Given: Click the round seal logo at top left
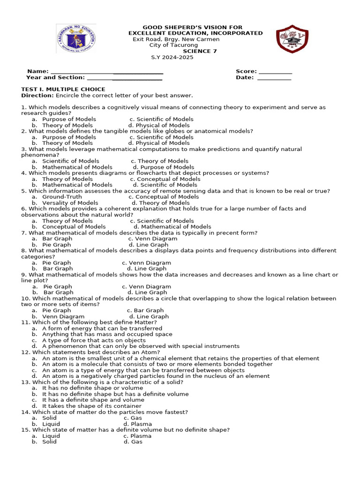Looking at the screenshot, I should pyautogui.click(x=77, y=39).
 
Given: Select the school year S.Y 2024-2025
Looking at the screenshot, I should pyautogui.click(x=172, y=57).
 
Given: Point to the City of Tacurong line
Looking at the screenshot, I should pyautogui.click(x=173, y=45).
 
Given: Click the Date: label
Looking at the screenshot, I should pyautogui.click(x=245, y=78).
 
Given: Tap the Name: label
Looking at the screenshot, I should pyautogui.click(x=38, y=72).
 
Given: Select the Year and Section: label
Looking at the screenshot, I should pyautogui.click(x=55, y=78).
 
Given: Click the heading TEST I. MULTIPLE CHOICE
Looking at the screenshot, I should pyautogui.click(x=63, y=89).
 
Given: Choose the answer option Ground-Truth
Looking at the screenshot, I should pyautogui.click(x=62, y=197).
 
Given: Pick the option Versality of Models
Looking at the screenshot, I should pyautogui.click(x=70, y=203).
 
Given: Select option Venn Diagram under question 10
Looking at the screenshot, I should pyautogui.click(x=63, y=316).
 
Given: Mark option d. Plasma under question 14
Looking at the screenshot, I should pyautogui.click(x=141, y=424).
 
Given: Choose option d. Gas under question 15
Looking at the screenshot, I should pyautogui.click(x=136, y=442).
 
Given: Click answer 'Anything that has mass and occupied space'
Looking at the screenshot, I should pyautogui.click(x=107, y=334).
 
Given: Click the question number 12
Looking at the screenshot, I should pyautogui.click(x=25, y=352).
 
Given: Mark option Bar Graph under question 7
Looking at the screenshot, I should pyautogui.click(x=57, y=239).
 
